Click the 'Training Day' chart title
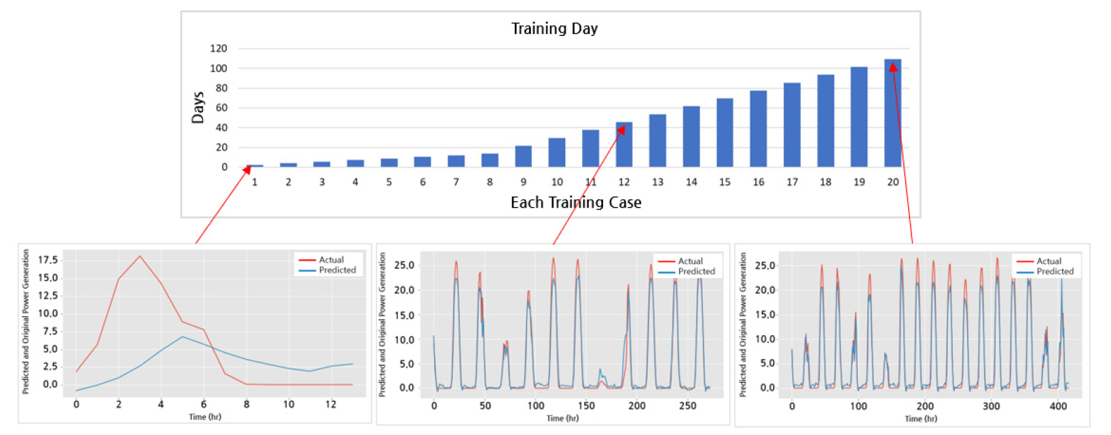[x=554, y=29]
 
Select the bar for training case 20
[x=892, y=113]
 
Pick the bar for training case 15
[x=725, y=133]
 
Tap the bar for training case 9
[x=523, y=157]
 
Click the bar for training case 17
[x=792, y=125]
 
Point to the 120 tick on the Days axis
[x=219, y=49]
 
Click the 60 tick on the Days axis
[x=221, y=108]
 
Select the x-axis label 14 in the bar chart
[x=691, y=182]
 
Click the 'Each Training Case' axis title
[x=576, y=202]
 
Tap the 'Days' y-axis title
[x=198, y=108]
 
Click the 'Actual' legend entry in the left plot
[x=331, y=260]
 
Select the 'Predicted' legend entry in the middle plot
[x=696, y=271]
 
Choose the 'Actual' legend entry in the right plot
[x=1049, y=261]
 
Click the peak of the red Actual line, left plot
[x=140, y=256]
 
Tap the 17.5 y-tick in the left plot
[x=48, y=260]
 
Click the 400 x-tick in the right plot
[x=1058, y=406]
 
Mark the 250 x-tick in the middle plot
[x=688, y=406]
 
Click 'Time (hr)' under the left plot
[x=205, y=417]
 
